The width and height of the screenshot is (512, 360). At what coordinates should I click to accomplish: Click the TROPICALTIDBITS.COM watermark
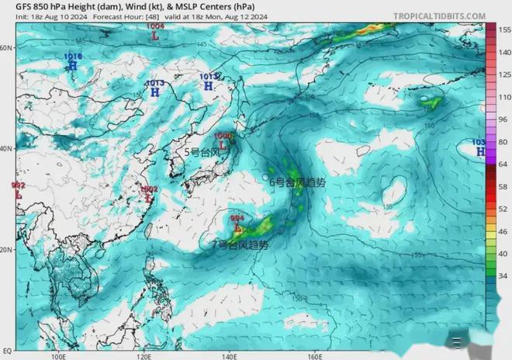[x=439, y=16]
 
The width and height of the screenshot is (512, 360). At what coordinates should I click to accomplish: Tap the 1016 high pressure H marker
[x=73, y=66]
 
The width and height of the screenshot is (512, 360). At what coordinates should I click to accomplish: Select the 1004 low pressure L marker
[x=156, y=36]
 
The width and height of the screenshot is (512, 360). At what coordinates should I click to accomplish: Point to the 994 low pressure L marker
[x=237, y=227]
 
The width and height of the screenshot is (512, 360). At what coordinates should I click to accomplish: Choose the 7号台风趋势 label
[x=241, y=244]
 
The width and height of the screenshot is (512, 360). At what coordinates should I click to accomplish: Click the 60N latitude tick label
[x=6, y=47]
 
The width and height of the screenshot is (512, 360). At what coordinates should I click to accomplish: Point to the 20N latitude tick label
[x=6, y=250]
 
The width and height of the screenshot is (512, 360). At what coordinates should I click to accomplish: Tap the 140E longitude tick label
[x=230, y=355]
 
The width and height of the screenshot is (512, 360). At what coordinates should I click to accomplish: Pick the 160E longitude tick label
[x=314, y=355]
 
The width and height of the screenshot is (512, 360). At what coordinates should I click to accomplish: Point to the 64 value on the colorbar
[x=501, y=164]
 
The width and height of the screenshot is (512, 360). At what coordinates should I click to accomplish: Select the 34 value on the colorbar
[x=501, y=275]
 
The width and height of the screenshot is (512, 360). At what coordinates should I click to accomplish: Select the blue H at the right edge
[x=480, y=152]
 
